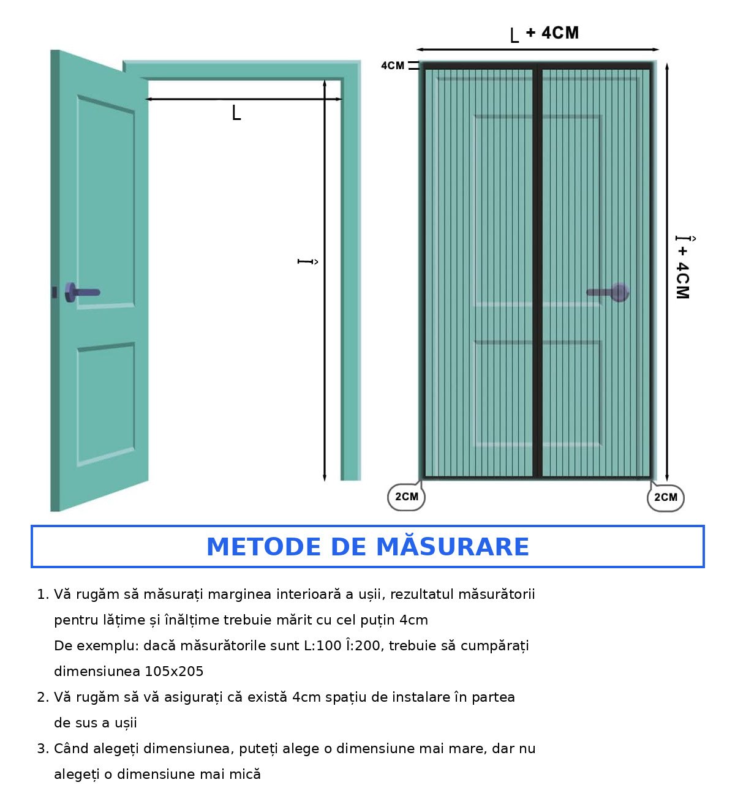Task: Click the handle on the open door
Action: tap(82, 292)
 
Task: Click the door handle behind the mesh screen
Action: tap(608, 292)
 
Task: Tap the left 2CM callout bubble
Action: tap(406, 497)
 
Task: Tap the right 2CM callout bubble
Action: tap(666, 497)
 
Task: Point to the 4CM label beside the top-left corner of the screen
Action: tap(393, 66)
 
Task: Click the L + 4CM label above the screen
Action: tap(544, 34)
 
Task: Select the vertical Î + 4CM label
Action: tap(684, 267)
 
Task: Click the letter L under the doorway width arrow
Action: tap(236, 113)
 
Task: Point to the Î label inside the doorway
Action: tap(307, 261)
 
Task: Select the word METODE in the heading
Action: tap(263, 547)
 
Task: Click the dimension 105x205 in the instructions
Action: tap(174, 671)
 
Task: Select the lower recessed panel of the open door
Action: tap(106, 404)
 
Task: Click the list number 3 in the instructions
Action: tap(42, 748)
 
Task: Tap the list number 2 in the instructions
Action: tap(42, 697)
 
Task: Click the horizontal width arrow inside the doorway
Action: tap(243, 99)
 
